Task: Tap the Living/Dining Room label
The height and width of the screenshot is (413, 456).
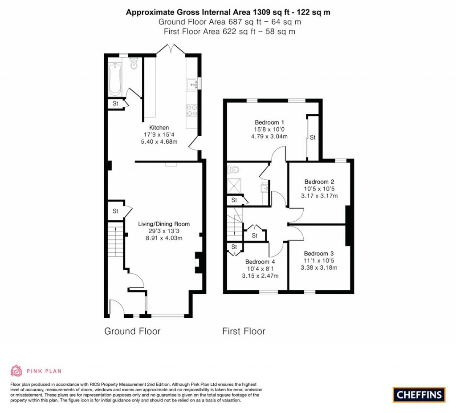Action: (163, 224)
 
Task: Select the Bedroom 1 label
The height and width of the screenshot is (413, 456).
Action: (269, 122)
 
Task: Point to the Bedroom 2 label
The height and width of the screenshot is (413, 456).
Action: (319, 182)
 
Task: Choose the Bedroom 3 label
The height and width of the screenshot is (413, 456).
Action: (319, 254)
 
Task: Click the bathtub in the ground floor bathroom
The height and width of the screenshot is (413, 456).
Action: (115, 79)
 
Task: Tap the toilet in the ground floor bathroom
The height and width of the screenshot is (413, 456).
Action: (133, 65)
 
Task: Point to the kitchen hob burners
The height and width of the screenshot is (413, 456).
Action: (191, 110)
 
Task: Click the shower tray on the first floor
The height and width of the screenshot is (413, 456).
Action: (233, 186)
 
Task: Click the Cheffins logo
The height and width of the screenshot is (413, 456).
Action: (419, 394)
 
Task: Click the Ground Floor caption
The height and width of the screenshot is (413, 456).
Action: (132, 331)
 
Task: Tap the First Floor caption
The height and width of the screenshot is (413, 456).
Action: (244, 331)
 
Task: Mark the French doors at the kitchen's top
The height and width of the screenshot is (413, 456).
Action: (171, 49)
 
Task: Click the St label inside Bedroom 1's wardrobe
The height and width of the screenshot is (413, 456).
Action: (313, 138)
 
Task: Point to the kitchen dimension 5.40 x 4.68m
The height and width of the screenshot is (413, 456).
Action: (159, 142)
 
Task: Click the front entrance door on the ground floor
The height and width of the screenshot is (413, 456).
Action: (117, 308)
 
